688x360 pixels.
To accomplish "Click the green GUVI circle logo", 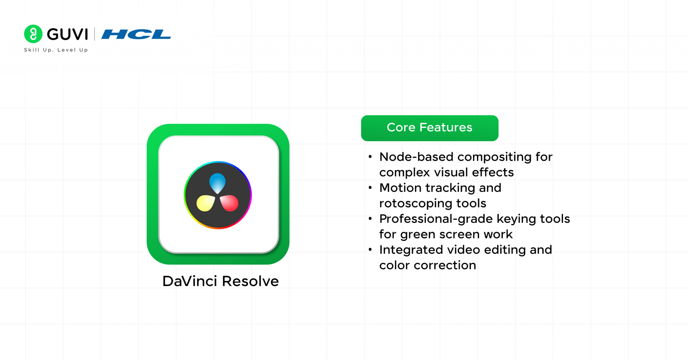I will coord(33,34).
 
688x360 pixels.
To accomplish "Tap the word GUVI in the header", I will coord(67,34).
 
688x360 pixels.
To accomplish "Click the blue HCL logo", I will coord(136,34).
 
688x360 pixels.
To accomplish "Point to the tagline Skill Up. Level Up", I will coord(56,50).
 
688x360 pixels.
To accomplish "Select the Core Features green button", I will coord(429,128).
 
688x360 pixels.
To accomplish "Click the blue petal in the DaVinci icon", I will coord(217,182).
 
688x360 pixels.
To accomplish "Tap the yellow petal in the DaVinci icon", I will coord(205,203).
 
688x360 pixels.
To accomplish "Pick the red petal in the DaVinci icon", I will coord(229,203).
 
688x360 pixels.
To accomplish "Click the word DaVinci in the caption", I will coord(190,281).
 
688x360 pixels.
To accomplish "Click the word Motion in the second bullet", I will coord(400,188).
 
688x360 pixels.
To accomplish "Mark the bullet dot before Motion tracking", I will coord(370,188).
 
